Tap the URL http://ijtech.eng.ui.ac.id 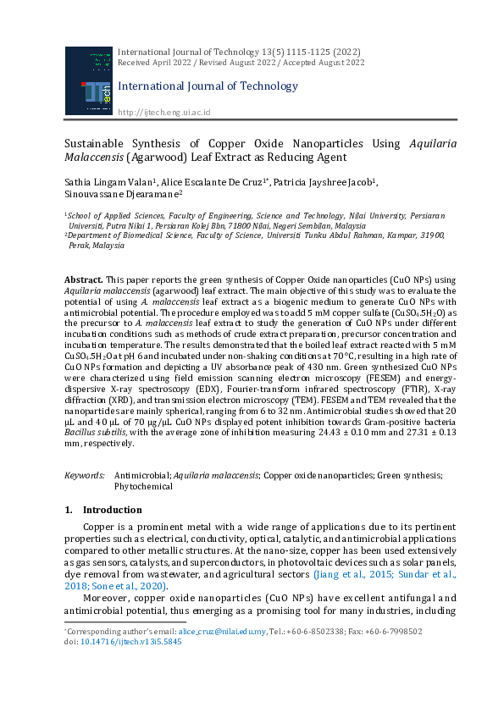pyautogui.click(x=163, y=113)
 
